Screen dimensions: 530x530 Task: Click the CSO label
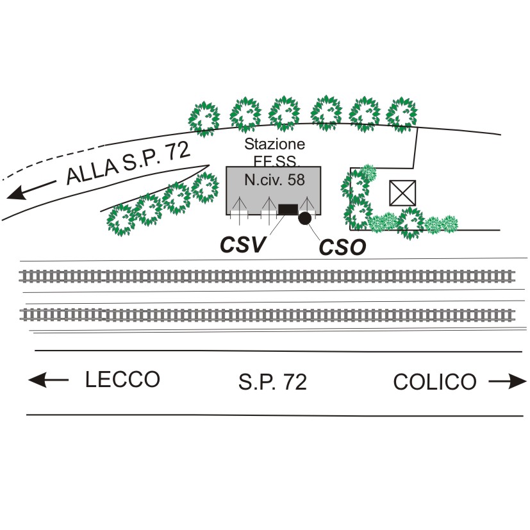coord(342,247)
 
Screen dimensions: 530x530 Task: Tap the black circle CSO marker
coord(305,218)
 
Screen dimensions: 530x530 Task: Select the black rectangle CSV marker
coord(288,208)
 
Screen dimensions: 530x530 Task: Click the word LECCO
coord(122,379)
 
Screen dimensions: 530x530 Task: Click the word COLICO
coord(435,382)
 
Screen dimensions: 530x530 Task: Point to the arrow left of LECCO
coord(48,380)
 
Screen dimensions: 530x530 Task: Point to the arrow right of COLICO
coord(508,382)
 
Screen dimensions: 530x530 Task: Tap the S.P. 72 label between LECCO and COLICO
coord(272,382)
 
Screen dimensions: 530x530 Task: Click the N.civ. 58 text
coord(274,180)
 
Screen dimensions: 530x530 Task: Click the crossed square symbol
coord(402,193)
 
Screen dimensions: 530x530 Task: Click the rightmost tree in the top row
coord(402,113)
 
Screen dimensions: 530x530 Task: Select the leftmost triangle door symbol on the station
coord(240,206)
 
